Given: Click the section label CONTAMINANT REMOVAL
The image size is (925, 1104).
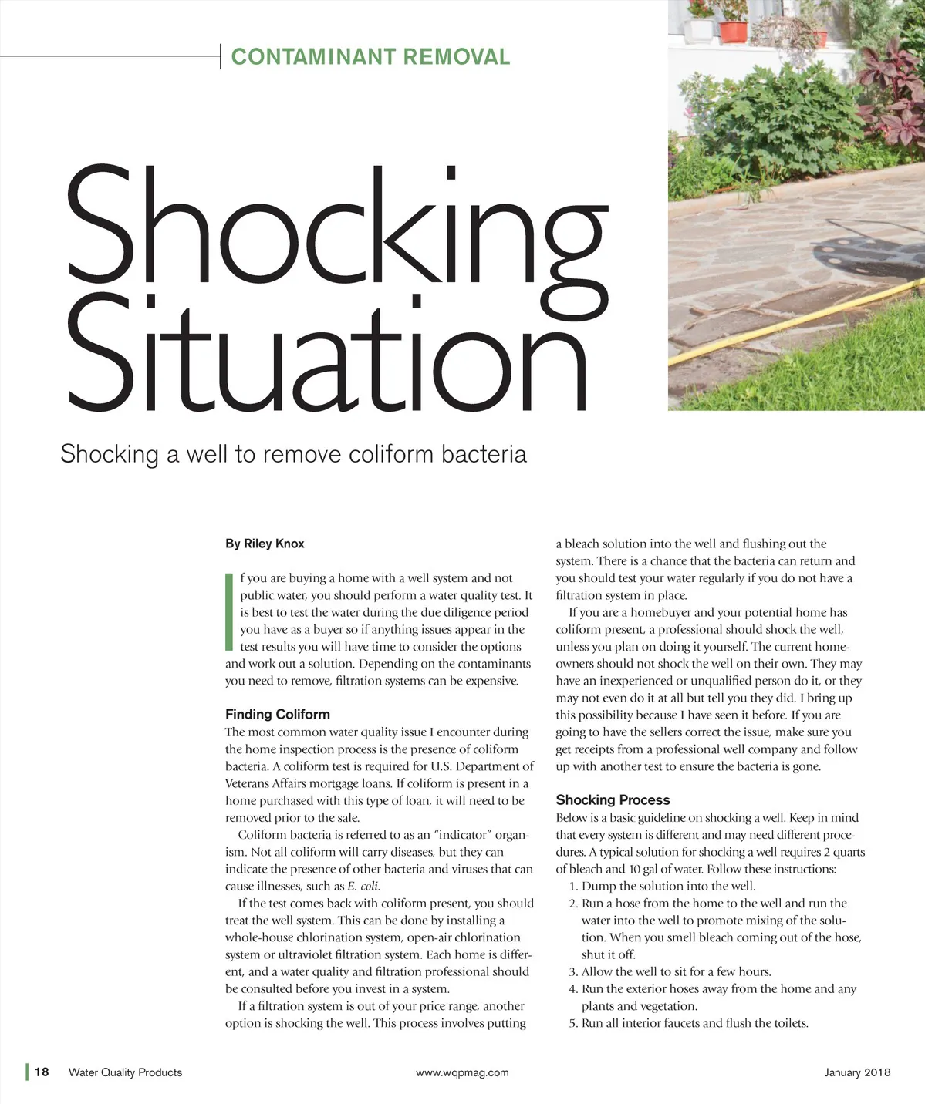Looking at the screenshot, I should pyautogui.click(x=370, y=57).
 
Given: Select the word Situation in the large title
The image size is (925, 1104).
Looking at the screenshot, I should pyautogui.click(x=328, y=355).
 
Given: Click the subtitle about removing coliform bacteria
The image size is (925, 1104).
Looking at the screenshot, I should pyautogui.click(x=293, y=454).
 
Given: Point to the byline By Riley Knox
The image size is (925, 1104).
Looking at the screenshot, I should pyautogui.click(x=265, y=544).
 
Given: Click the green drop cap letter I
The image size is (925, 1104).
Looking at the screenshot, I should pyautogui.click(x=229, y=611).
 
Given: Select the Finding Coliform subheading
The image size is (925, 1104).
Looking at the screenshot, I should pyautogui.click(x=277, y=714).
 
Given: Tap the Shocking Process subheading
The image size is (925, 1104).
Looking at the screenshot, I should pyautogui.click(x=613, y=799).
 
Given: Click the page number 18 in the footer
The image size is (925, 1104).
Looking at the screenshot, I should pyautogui.click(x=42, y=1072).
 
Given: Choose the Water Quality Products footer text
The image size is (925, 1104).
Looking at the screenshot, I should pyautogui.click(x=125, y=1072).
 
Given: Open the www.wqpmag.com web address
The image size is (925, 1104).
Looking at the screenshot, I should pyautogui.click(x=462, y=1072).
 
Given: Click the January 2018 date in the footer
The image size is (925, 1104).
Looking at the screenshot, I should pyautogui.click(x=857, y=1072).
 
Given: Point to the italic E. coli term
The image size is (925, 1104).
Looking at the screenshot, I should pyautogui.click(x=363, y=887).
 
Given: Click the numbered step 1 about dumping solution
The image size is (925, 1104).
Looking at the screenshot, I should pyautogui.click(x=662, y=887).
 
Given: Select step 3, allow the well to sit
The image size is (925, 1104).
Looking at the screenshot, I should pyautogui.click(x=670, y=972).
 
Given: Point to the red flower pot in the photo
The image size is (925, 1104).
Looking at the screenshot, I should pyautogui.click(x=733, y=31).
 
